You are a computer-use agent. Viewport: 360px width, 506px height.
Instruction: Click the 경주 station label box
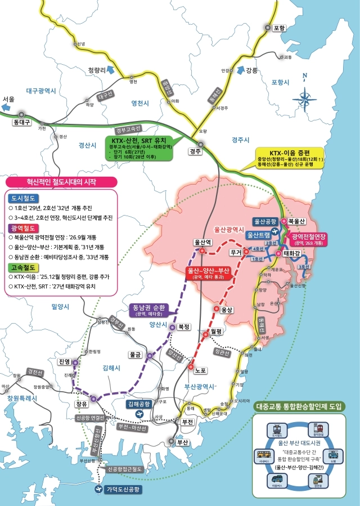[x=195, y=151]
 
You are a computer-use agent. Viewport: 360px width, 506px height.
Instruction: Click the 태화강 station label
[x=292, y=253]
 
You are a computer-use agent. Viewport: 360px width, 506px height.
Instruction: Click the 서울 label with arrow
[x=8, y=99]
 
